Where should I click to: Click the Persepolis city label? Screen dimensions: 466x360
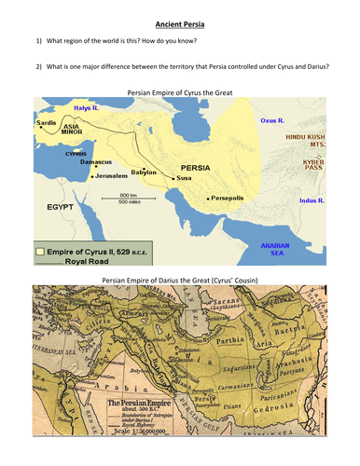coord(229,199)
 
